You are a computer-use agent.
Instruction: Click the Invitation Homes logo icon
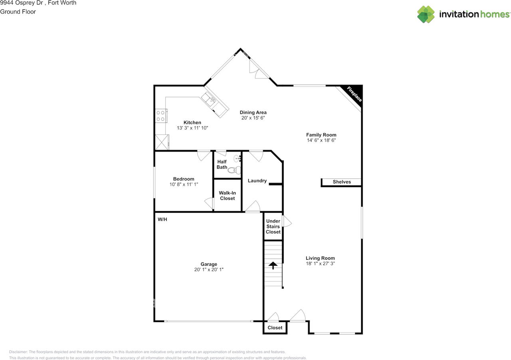click(x=426, y=14)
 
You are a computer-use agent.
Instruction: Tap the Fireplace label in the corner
click(x=354, y=94)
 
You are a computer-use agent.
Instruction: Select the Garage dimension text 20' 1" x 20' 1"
click(x=209, y=270)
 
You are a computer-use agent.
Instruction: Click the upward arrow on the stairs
click(x=273, y=265)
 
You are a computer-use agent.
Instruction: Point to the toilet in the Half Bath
click(x=235, y=170)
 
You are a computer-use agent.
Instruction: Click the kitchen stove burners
click(x=160, y=116)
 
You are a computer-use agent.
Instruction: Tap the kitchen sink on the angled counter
click(x=208, y=98)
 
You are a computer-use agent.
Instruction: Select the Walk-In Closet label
click(x=227, y=196)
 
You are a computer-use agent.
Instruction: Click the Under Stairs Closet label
click(x=273, y=226)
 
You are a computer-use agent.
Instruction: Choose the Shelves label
click(x=342, y=182)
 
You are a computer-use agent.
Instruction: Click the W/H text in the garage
click(x=162, y=220)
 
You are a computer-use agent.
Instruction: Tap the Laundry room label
click(x=257, y=181)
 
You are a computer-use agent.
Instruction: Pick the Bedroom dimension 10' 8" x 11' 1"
click(x=184, y=184)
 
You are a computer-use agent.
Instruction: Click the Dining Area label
click(x=253, y=113)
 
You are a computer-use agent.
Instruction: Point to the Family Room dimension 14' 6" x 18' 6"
click(x=321, y=140)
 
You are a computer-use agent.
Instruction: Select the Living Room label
click(x=320, y=258)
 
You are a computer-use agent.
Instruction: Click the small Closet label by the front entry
click(x=275, y=328)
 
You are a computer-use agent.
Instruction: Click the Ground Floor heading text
click(x=18, y=12)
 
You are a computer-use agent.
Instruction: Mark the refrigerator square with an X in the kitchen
click(x=162, y=142)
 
